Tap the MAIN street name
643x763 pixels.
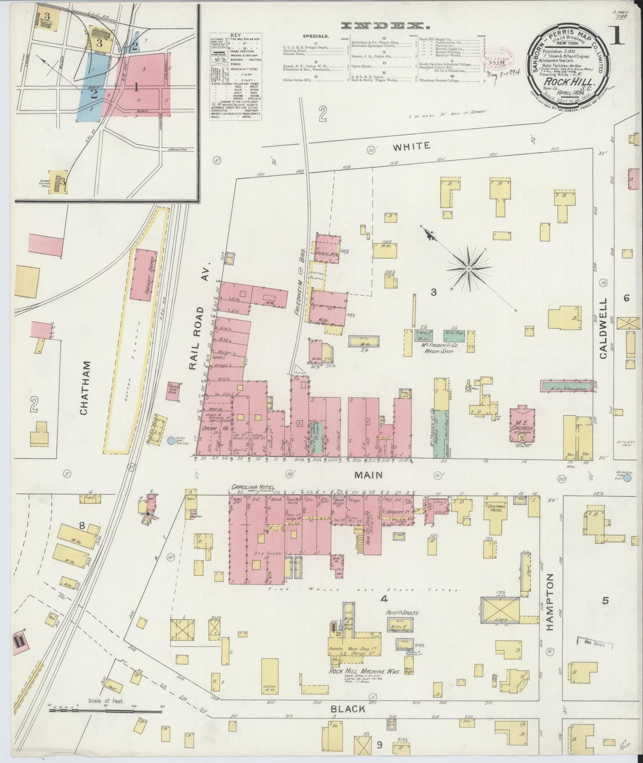(368, 475)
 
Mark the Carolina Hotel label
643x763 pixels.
(252, 487)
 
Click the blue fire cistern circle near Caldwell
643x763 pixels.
(627, 478)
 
